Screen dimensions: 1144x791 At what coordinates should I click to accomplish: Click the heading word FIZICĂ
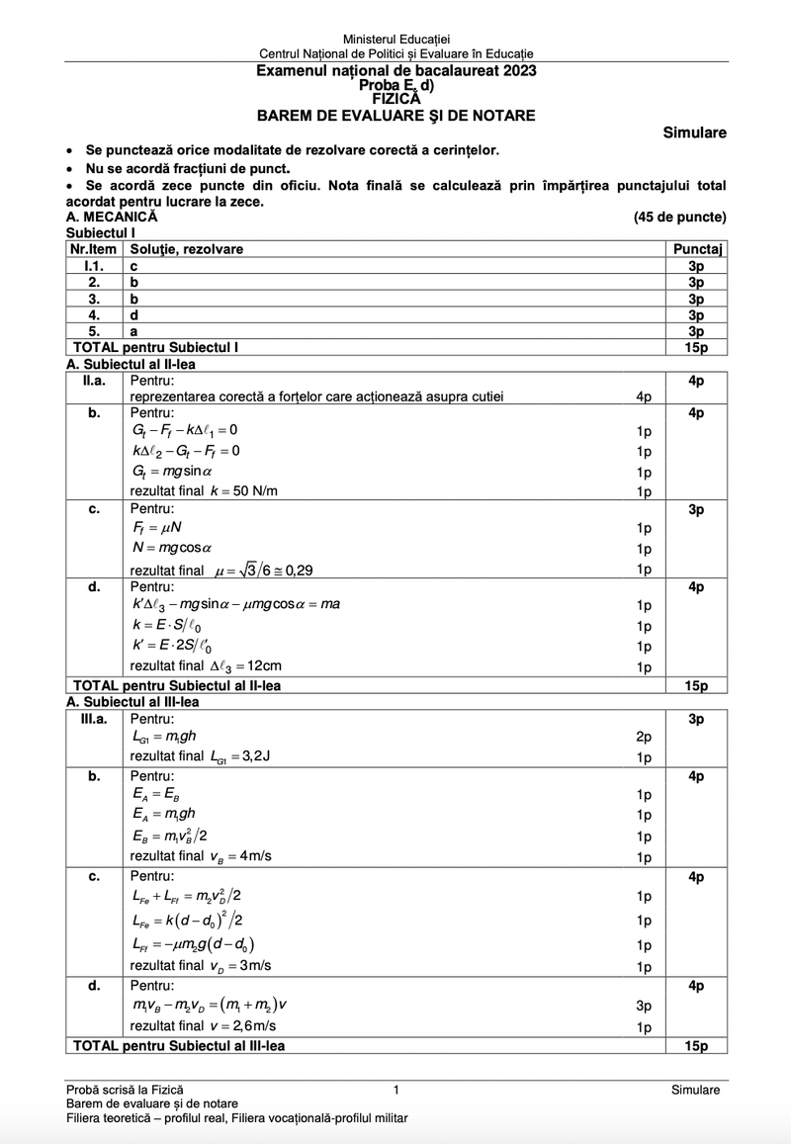pos(395,98)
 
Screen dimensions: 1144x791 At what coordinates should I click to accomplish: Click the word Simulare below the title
pos(695,132)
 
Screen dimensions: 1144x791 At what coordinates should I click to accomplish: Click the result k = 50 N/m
pos(204,491)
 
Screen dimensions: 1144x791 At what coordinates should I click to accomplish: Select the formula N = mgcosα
pos(172,548)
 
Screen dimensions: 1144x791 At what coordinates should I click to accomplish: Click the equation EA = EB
pos(155,794)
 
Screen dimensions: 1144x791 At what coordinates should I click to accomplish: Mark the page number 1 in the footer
pos(395,1090)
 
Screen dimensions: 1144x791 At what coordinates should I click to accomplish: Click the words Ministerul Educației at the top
pos(395,38)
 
